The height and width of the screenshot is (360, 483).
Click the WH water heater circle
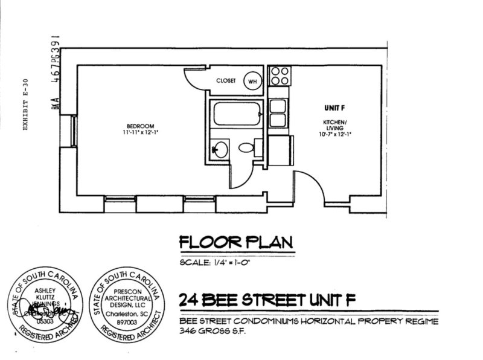click(252, 82)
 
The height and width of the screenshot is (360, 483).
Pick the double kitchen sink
click(278, 113)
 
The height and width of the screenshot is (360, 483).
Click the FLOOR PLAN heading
click(235, 242)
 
